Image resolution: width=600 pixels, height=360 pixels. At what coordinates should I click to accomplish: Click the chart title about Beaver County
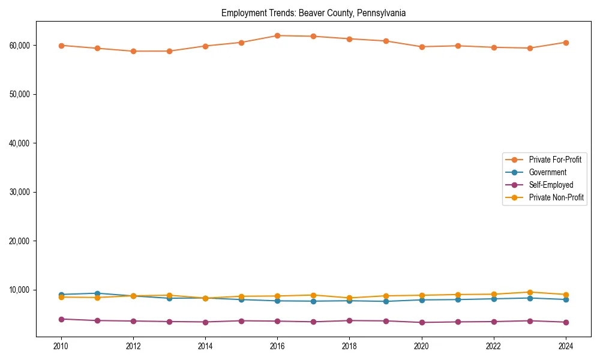point(313,13)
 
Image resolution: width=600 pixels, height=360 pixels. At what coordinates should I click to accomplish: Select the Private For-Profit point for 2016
point(277,35)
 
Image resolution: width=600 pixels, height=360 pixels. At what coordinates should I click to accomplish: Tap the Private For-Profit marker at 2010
point(61,45)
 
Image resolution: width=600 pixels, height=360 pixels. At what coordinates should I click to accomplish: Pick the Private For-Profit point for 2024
point(566,43)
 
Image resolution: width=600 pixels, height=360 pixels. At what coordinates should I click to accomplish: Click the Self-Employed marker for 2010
point(61,319)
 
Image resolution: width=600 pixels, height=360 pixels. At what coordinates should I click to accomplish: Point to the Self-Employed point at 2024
point(566,322)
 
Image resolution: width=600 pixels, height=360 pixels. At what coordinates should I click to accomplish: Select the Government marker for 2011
point(97,293)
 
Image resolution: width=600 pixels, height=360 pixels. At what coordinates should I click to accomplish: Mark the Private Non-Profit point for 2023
point(530,292)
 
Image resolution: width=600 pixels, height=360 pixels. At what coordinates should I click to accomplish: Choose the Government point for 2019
point(386,301)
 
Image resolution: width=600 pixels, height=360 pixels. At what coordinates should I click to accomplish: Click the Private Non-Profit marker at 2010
point(61,297)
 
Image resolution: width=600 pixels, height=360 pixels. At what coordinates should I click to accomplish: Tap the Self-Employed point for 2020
point(422,322)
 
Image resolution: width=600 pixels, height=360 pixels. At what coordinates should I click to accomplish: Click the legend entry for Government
point(547,172)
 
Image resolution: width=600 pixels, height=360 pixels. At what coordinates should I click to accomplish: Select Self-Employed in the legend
point(551,185)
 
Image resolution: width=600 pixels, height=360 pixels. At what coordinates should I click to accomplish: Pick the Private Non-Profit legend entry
point(556,197)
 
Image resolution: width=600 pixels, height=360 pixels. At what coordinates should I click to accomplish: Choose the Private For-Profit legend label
point(555,160)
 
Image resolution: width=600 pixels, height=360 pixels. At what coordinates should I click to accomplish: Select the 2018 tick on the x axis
point(349,346)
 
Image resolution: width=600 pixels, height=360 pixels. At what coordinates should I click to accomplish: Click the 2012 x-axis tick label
point(133,346)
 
